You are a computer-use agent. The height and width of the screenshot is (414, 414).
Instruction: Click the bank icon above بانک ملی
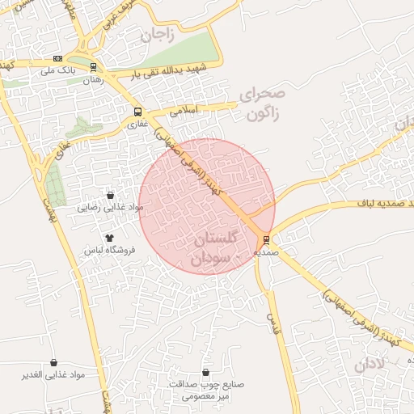(x=57, y=58)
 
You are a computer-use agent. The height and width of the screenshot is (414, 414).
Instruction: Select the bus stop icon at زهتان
(x=94, y=67)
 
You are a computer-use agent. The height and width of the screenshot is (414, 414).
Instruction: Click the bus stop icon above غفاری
(x=137, y=112)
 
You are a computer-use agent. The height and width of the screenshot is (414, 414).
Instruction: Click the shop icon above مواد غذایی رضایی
(x=110, y=195)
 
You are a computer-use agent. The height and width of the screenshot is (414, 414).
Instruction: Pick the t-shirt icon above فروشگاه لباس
(x=109, y=237)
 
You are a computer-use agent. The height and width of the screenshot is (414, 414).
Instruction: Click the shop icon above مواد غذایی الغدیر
(x=53, y=363)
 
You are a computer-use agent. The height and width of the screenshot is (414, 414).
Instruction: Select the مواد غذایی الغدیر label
(x=53, y=376)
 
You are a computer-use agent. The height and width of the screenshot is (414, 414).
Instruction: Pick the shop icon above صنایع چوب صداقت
(x=206, y=372)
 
